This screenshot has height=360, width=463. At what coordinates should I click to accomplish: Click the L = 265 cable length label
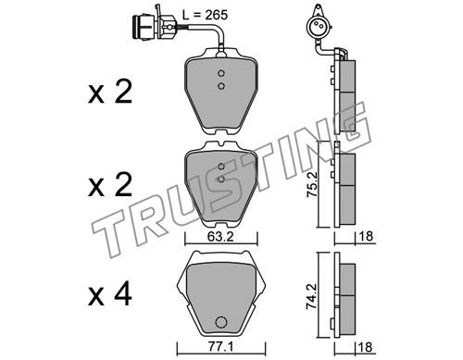[205, 15]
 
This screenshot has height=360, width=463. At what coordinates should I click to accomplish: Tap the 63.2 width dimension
[220, 237]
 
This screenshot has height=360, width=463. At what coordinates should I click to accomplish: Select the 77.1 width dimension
[220, 347]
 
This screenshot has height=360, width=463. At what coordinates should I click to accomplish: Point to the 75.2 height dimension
[313, 185]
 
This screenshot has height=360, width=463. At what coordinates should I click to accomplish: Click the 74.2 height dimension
[313, 296]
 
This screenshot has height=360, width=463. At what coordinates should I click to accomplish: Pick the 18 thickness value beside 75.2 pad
[366, 237]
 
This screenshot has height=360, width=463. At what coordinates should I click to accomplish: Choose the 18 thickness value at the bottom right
[366, 347]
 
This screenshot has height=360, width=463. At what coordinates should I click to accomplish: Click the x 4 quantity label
[110, 294]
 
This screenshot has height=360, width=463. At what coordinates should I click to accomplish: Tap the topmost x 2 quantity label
[110, 92]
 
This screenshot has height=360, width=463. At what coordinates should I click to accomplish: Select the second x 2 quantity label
[110, 185]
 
